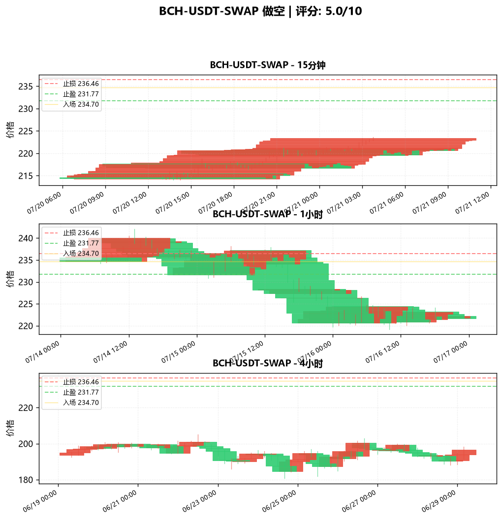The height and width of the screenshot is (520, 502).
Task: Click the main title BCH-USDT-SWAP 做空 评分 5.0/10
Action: [x=260, y=11]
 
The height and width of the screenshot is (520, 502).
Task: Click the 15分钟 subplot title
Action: [x=268, y=65]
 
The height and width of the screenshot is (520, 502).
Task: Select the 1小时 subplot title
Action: [x=268, y=214]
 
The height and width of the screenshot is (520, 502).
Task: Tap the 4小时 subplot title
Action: [x=268, y=363]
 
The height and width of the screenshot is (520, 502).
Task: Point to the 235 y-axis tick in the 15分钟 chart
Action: [x=26, y=87]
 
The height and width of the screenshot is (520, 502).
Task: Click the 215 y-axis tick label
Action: [x=26, y=176]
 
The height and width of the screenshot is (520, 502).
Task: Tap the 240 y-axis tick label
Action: [x=26, y=238]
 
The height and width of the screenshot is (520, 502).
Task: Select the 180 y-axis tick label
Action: [x=26, y=480]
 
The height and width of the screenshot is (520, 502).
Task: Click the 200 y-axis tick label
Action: [x=26, y=444]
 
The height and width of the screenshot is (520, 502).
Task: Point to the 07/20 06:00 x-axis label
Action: [x=44, y=203]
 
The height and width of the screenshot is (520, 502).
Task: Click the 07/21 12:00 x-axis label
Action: [x=472, y=203]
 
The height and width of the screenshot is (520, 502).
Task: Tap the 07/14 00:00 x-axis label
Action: [x=42, y=352]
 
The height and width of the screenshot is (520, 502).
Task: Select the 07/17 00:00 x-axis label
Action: [x=450, y=352]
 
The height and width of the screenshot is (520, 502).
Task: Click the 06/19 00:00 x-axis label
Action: [x=40, y=501]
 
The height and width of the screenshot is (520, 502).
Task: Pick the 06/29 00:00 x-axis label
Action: [x=439, y=501]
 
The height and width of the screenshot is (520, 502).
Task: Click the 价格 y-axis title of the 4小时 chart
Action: [x=10, y=428]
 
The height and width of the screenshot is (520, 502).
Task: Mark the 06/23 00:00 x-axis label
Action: [x=199, y=501]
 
